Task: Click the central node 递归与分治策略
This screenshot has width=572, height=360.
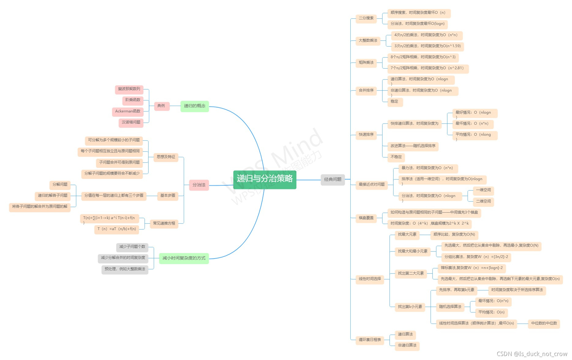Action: pyautogui.click(x=265, y=179)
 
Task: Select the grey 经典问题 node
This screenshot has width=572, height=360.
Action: pyautogui.click(x=333, y=180)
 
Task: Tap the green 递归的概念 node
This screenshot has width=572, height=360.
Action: pyautogui.click(x=194, y=106)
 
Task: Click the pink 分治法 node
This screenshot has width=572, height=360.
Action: pyautogui.click(x=199, y=185)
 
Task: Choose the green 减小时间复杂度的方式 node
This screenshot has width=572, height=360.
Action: pyautogui.click(x=184, y=258)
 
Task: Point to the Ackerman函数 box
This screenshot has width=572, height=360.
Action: pyautogui.click(x=128, y=112)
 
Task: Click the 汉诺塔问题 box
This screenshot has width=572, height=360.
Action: pyautogui.click(x=131, y=123)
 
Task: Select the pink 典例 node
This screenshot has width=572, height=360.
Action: pyautogui.click(x=161, y=106)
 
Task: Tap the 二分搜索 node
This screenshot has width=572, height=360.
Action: pyautogui.click(x=366, y=18)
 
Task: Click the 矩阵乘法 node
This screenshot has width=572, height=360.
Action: pyautogui.click(x=366, y=63)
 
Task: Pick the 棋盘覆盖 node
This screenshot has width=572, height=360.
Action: pyautogui.click(x=366, y=218)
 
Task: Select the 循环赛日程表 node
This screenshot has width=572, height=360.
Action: pyautogui.click(x=370, y=340)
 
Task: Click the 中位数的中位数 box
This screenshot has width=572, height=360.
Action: pyautogui.click(x=544, y=324)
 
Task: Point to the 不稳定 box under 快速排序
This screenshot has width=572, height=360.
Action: pyautogui.click(x=396, y=157)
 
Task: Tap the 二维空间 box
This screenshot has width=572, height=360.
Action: pyautogui.click(x=483, y=201)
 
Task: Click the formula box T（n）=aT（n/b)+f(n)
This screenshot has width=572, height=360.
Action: pyautogui.click(x=117, y=229)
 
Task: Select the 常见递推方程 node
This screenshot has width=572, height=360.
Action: pyautogui.click(x=164, y=224)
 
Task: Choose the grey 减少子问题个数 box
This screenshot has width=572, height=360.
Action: pyautogui.click(x=132, y=247)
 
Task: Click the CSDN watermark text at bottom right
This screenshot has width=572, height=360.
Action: pyautogui.click(x=532, y=354)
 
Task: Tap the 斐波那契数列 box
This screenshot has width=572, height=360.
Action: pyautogui.click(x=129, y=89)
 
